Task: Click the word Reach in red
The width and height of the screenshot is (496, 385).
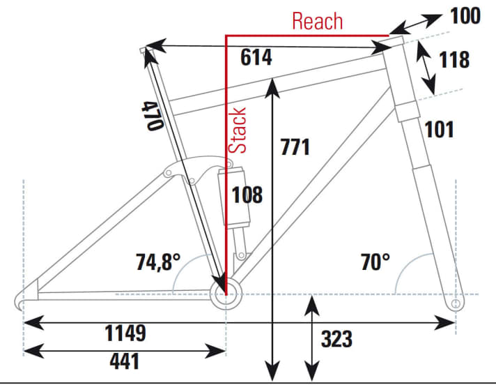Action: tap(318, 21)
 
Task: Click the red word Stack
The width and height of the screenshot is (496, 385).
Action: tap(239, 130)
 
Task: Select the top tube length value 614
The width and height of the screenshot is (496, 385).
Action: tap(256, 59)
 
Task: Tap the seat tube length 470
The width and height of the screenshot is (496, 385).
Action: tap(153, 115)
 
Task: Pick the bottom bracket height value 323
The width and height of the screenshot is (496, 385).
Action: tap(336, 340)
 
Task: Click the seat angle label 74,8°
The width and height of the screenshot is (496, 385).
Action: tap(159, 262)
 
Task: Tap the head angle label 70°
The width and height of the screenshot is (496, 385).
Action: tap(375, 262)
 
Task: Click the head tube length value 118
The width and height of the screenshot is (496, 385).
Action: tap(454, 60)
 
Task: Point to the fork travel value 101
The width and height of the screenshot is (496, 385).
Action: tap(439, 129)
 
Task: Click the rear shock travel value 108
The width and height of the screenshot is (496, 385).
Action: tap(247, 195)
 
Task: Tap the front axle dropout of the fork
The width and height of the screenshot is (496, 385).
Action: tap(457, 303)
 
